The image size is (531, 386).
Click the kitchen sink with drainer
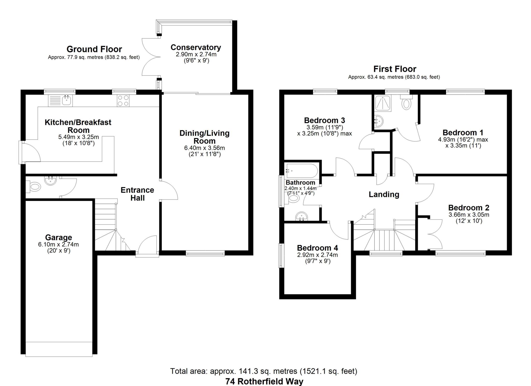point(60,101)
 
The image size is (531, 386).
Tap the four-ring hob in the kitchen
point(123,101)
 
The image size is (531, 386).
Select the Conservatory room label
point(196,47)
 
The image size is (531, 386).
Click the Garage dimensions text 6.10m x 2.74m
point(58,244)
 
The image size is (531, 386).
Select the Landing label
point(384,194)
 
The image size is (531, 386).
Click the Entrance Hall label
point(137,194)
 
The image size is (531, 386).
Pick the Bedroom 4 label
point(318,248)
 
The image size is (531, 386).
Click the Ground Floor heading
point(94,49)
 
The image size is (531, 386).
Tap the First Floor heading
point(395,69)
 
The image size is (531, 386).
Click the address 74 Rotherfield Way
point(264,381)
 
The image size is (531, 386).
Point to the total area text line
point(264,371)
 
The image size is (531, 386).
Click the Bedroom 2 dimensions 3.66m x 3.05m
point(469,215)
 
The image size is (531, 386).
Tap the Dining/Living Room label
point(205,137)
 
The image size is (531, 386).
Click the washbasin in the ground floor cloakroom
point(51,180)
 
